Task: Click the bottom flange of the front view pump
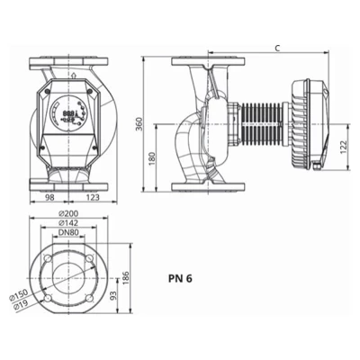(70, 186)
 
